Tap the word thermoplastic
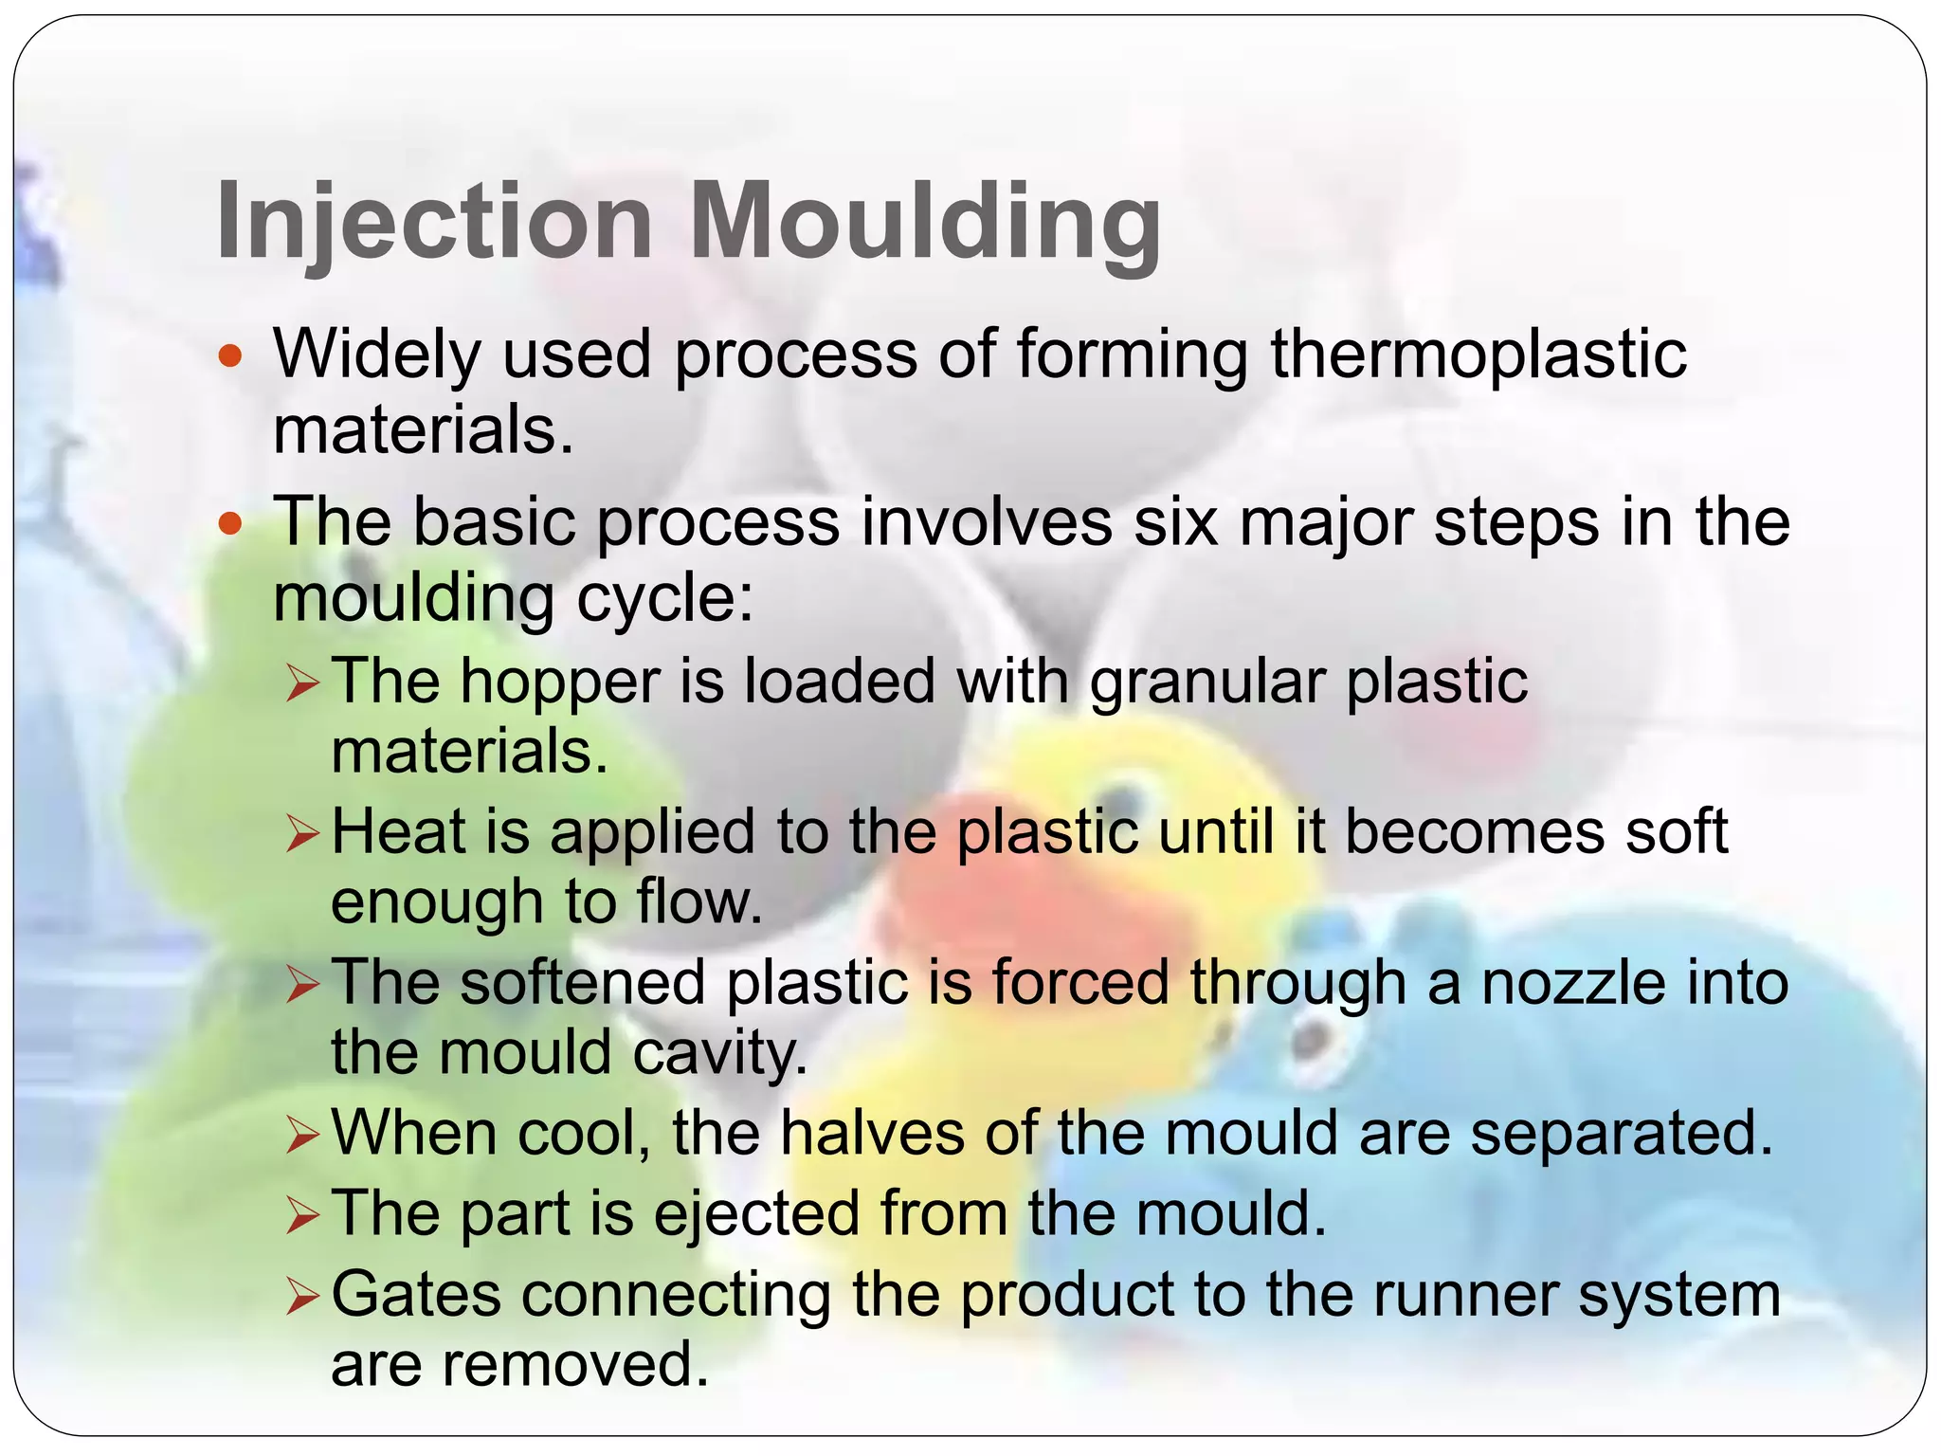[x=1478, y=355]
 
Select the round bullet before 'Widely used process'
[x=230, y=357]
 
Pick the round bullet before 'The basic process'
[x=230, y=523]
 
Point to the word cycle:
[x=664, y=599]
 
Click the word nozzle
[x=1573, y=983]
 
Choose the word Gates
[x=416, y=1295]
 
